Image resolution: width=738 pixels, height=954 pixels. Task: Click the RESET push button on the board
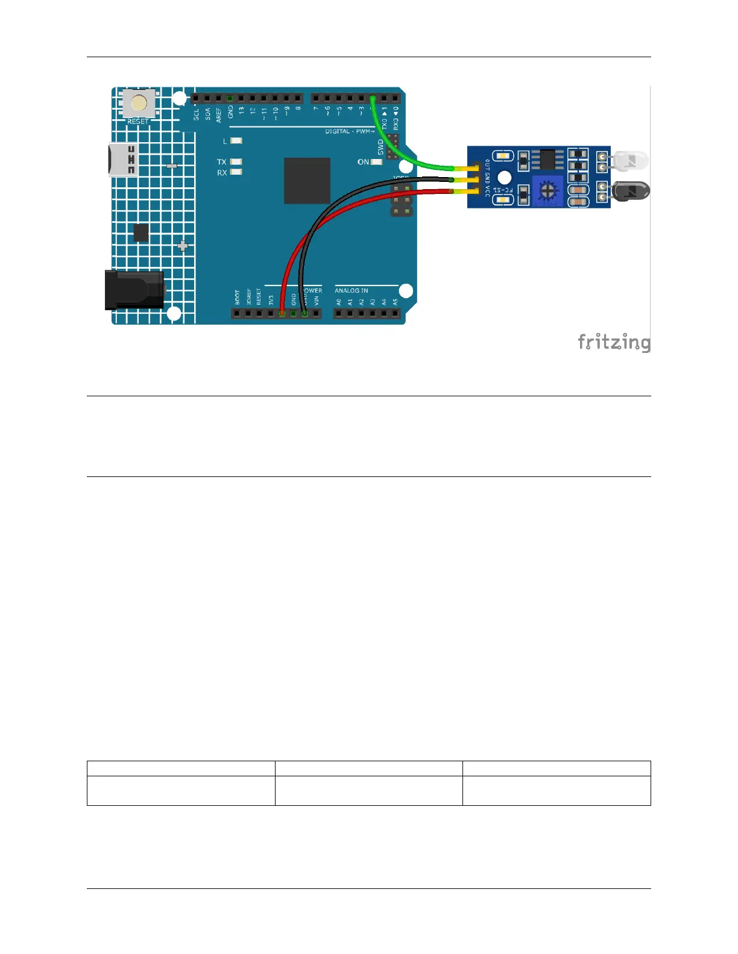139,104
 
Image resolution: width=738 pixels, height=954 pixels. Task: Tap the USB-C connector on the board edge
123,160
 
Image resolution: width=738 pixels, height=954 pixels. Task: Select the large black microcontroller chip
307,181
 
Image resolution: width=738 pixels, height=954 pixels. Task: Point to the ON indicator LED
377,162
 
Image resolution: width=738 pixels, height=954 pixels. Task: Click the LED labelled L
236,141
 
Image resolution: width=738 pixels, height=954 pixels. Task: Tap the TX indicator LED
236,162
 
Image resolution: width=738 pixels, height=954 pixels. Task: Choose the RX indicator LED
236,172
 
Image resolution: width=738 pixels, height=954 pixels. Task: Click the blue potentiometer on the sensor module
547,191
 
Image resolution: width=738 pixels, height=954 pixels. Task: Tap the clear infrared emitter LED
631,161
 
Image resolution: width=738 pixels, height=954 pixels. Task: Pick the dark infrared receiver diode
631,192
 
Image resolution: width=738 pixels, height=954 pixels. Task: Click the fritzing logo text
614,342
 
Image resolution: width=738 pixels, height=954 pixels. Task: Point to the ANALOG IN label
352,291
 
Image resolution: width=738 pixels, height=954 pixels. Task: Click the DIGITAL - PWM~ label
350,131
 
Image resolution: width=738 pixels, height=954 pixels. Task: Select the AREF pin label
219,114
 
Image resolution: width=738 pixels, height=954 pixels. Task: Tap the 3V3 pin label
271,299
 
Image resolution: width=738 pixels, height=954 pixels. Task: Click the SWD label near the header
380,146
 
